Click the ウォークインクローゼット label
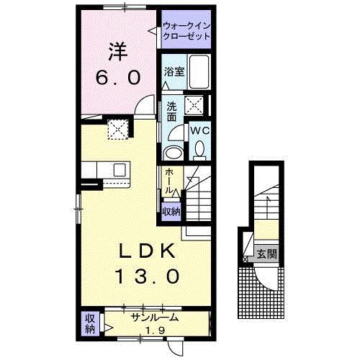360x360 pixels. (x=186, y=31)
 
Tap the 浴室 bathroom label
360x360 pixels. (x=174, y=72)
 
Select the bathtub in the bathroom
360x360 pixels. (x=199, y=72)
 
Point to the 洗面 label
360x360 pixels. (x=171, y=111)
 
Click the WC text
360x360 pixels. (x=200, y=131)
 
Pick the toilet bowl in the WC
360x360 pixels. (x=199, y=149)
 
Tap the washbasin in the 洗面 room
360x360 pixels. (x=174, y=153)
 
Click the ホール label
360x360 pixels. (x=169, y=181)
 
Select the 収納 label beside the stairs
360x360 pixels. (x=171, y=212)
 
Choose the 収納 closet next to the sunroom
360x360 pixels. (x=90, y=324)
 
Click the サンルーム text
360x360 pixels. (x=154, y=318)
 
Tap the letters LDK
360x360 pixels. (x=147, y=251)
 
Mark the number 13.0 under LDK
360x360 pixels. (x=147, y=276)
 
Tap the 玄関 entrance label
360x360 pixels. (x=267, y=254)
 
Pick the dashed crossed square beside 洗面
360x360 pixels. (x=194, y=105)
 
